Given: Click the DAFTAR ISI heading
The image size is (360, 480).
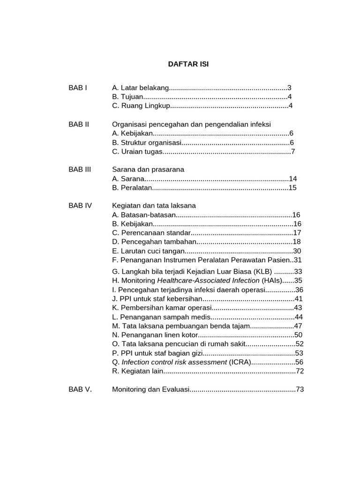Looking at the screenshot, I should point(188,65).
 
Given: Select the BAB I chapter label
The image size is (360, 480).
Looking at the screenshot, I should point(78,88).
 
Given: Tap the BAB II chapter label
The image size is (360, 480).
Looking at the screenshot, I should point(79,124).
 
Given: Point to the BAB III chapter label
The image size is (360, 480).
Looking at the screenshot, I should point(80,170).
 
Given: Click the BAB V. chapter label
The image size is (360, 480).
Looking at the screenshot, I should point(80,390).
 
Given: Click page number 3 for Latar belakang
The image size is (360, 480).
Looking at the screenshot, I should point(290,88).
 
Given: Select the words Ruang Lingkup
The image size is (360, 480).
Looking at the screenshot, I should point(145,106).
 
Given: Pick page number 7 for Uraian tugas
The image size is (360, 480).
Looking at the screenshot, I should point(293,151).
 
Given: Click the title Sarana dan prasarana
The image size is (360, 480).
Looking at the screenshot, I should point(148,170).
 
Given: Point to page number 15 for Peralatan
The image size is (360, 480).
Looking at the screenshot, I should point(293,188).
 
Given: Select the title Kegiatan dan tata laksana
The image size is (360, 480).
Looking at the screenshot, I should point(154,206).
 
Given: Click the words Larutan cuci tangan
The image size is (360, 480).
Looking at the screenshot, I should point(150,251).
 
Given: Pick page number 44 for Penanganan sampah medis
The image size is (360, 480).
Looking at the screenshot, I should point(299,317).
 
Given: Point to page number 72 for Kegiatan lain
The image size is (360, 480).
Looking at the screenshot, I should point(300,371).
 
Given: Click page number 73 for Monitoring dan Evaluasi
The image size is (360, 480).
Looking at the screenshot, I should point(300,390).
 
